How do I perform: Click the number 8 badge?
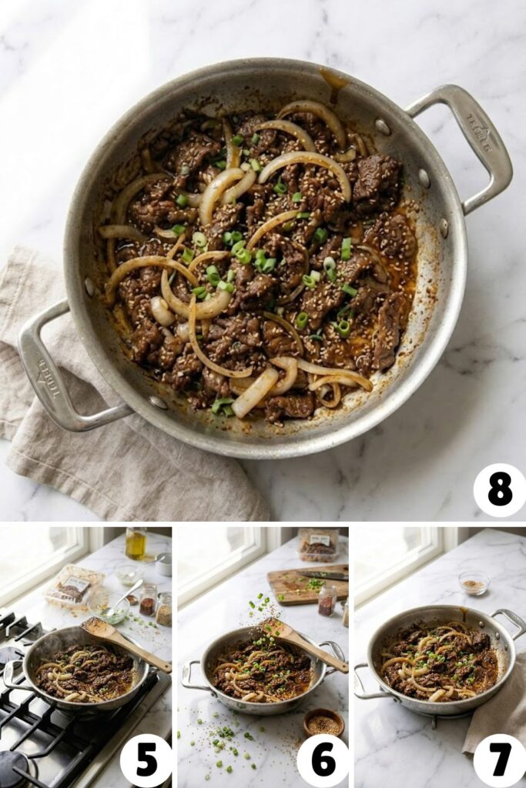pos(499,490)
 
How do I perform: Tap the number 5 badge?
pos(146,760)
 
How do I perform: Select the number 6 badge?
pos(323,760)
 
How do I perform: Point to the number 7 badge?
pos(499,760)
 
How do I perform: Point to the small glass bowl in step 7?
pos(473,583)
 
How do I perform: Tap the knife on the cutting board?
pos(323,574)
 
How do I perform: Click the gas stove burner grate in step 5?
pos(46,739)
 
